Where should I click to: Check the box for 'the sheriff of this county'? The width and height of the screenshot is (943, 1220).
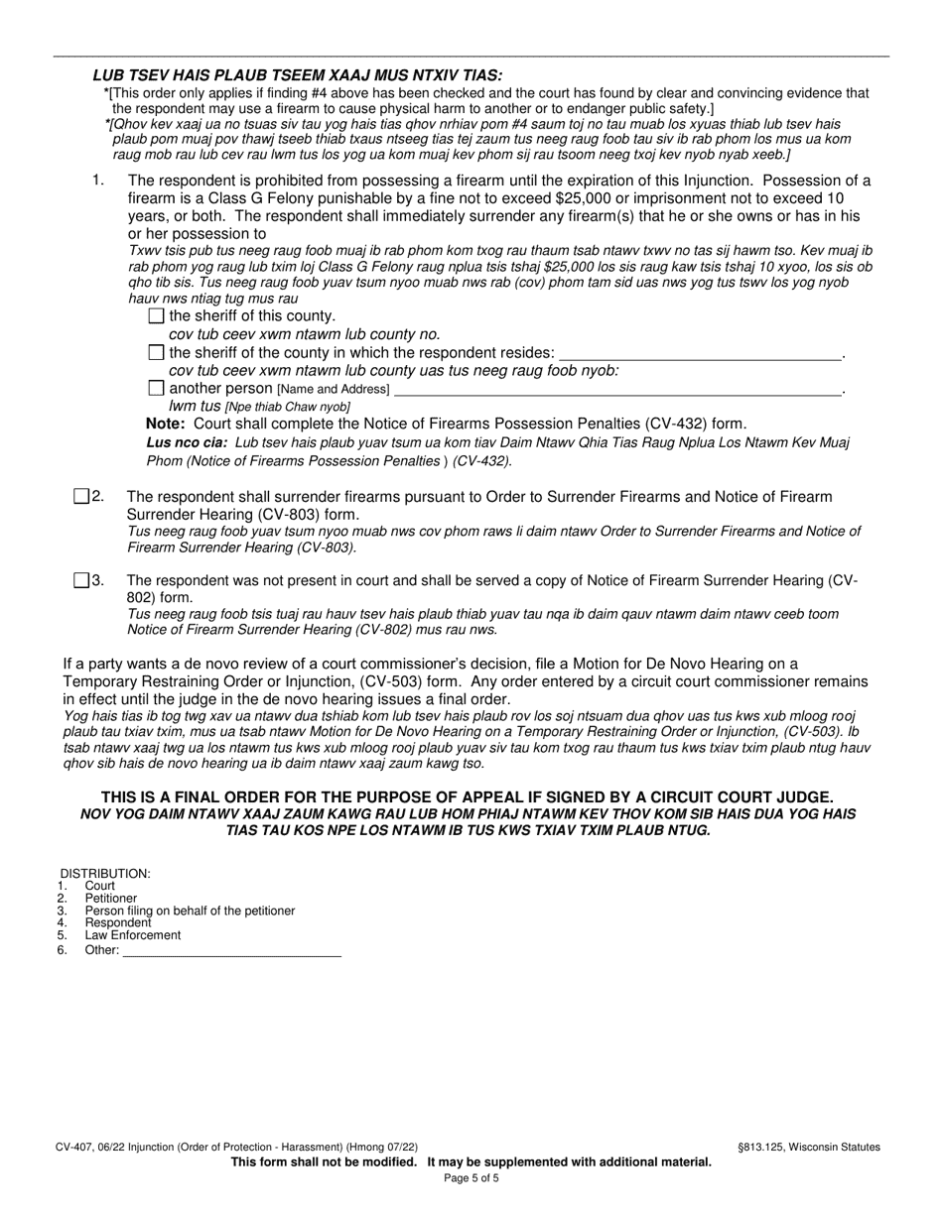tap(155, 316)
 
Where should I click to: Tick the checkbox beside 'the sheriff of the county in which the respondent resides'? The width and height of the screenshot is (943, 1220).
tap(155, 353)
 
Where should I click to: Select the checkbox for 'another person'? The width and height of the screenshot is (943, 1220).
tap(155, 389)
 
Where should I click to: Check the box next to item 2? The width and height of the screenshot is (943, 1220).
tap(81, 497)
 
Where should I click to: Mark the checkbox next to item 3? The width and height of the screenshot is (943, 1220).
tap(81, 580)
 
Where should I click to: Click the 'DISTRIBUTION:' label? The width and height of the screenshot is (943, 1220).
tap(105, 873)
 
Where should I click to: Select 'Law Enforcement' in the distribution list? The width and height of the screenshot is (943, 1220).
tap(133, 935)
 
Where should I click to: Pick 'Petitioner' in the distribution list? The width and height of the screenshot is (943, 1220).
tap(111, 899)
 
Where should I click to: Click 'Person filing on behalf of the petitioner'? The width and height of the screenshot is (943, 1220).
tap(190, 911)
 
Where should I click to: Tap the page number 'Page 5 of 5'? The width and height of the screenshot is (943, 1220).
tap(471, 1178)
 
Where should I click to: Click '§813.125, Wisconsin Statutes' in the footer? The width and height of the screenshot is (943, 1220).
tap(808, 1147)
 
